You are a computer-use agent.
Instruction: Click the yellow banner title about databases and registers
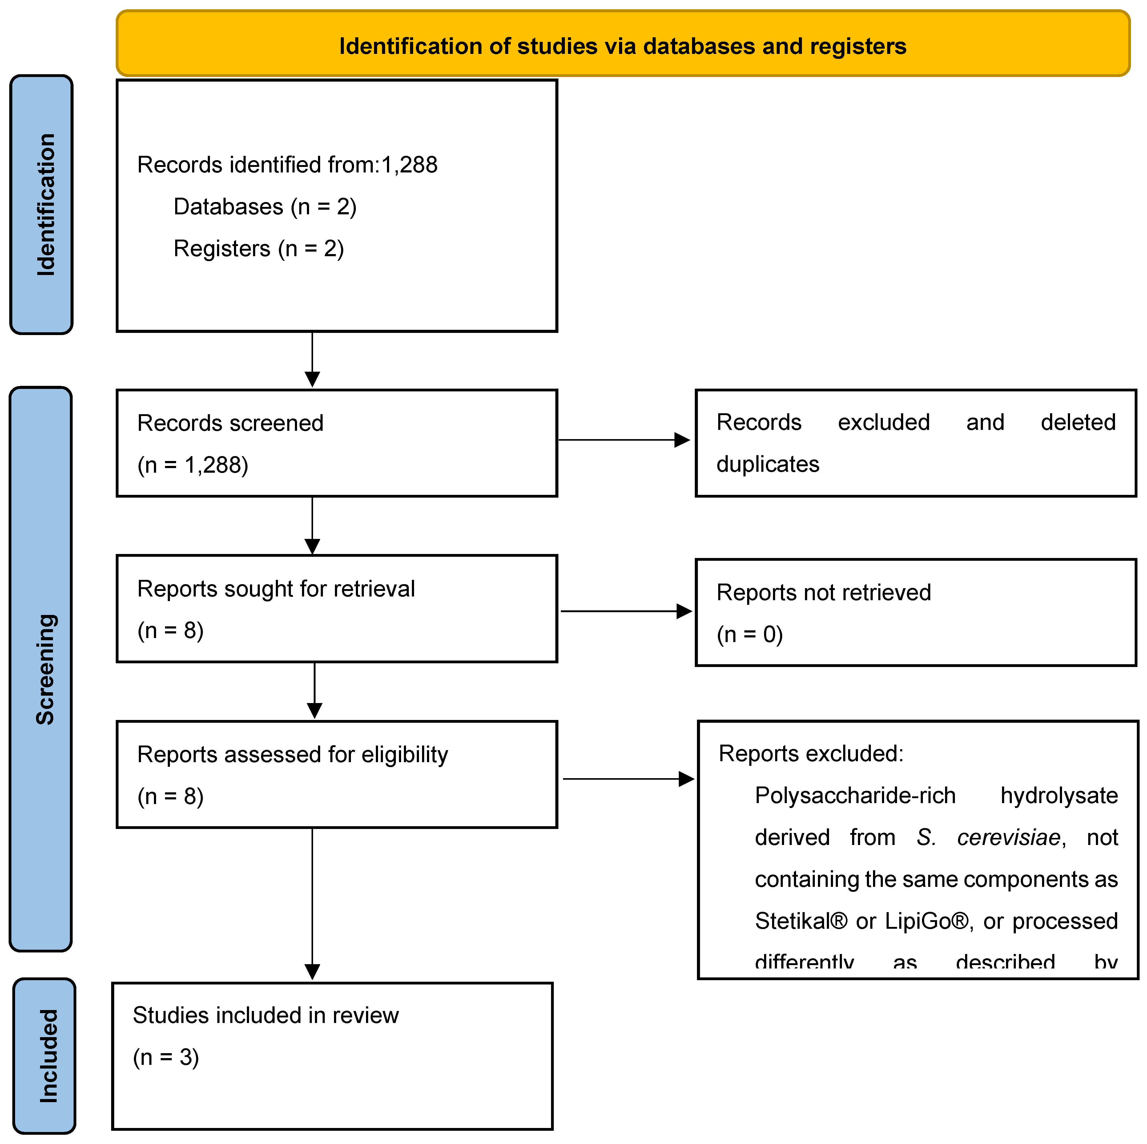[x=622, y=46]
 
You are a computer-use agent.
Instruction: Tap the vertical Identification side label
[x=46, y=204]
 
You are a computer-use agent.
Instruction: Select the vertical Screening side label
[x=45, y=669]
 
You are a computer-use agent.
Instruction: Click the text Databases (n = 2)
[x=265, y=207]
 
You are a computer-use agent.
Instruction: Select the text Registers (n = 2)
[x=258, y=248]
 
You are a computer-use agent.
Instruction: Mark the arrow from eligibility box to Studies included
[x=312, y=903]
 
